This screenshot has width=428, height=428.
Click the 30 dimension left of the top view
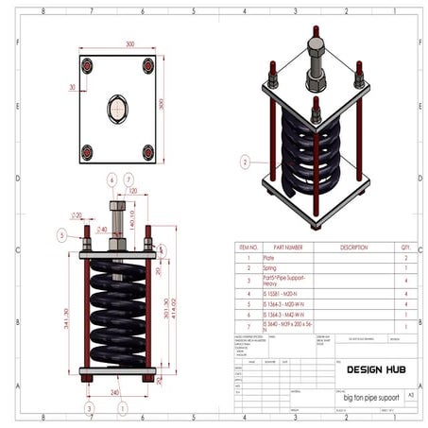[72, 86]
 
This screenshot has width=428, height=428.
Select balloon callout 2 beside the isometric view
[245, 162]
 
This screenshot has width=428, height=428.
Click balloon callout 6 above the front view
[111, 179]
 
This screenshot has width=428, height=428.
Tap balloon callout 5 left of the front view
[61, 234]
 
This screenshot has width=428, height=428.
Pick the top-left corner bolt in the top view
[87, 66]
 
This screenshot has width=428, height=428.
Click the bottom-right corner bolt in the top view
[147, 151]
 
